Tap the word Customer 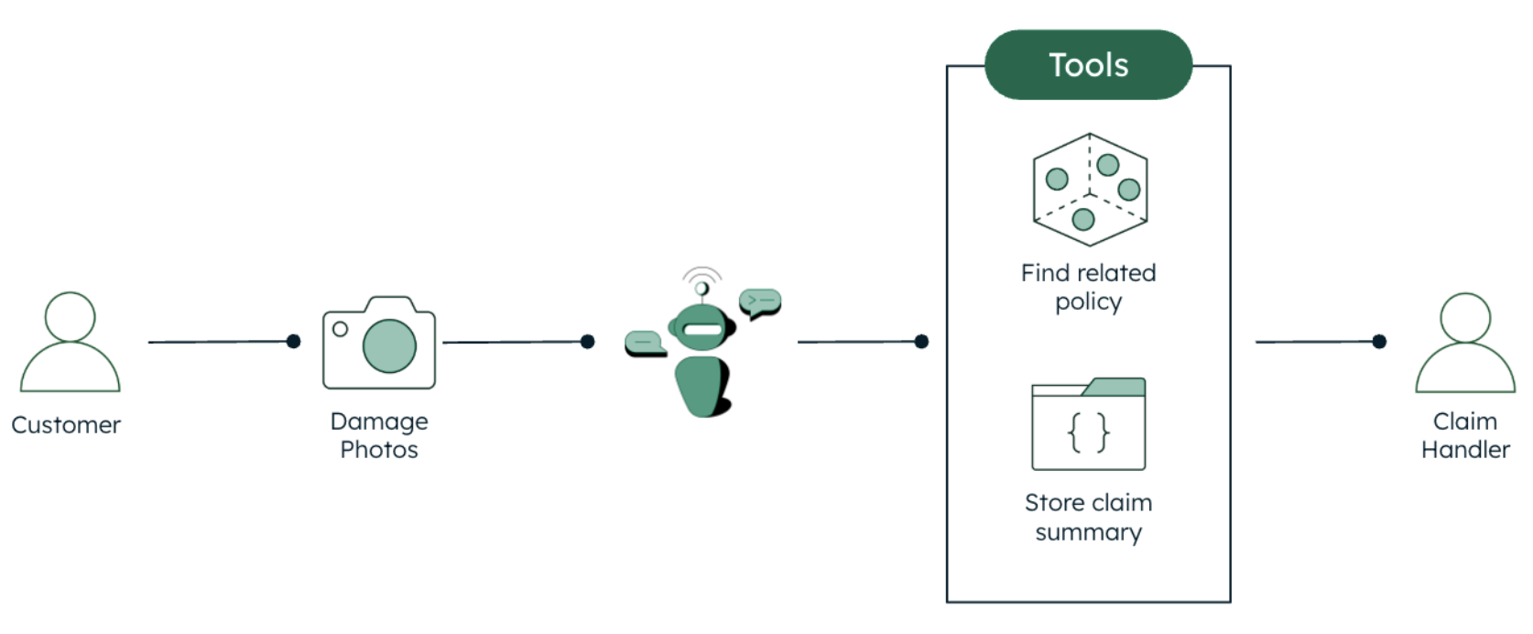(x=66, y=425)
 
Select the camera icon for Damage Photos (x=379, y=343)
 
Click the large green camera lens (x=389, y=345)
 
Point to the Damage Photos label (x=379, y=435)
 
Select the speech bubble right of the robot (x=760, y=301)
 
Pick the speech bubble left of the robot (x=644, y=343)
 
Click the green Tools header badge (x=1088, y=65)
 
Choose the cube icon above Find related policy (x=1090, y=190)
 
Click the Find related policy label (x=1088, y=287)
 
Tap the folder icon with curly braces (x=1088, y=424)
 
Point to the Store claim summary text (x=1088, y=518)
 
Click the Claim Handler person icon (x=1465, y=343)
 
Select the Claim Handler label (x=1465, y=435)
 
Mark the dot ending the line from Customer (x=293, y=342)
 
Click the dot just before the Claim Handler (x=1379, y=342)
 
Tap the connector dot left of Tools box (x=921, y=342)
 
